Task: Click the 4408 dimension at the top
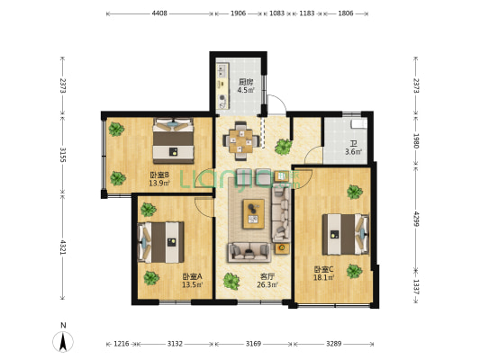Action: click(159, 13)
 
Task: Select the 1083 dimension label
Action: click(276, 13)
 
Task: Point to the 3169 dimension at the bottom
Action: click(253, 344)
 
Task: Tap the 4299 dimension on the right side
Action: click(416, 219)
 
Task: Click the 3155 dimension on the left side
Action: click(63, 156)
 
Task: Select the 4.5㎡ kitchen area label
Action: click(246, 90)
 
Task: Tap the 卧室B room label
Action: click(159, 175)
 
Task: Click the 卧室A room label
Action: click(192, 277)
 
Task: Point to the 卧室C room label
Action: click(324, 269)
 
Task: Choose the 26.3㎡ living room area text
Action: click(267, 284)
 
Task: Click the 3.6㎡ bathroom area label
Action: click(354, 151)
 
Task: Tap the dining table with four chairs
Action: click(241, 141)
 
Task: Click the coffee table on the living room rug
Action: click(254, 214)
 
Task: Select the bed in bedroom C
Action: click(346, 234)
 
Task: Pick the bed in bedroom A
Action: click(160, 242)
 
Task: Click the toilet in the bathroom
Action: click(358, 124)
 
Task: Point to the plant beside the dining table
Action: click(283, 147)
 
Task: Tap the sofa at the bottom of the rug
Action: click(249, 252)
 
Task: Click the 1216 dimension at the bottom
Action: click(122, 344)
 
